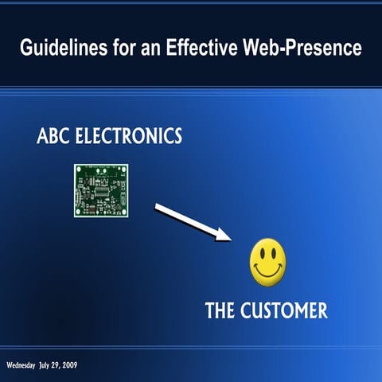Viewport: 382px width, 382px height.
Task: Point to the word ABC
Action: (53, 136)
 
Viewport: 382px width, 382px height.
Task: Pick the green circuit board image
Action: (101, 190)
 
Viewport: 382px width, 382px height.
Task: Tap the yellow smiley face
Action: (267, 262)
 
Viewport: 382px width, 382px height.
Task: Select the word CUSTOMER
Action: (283, 310)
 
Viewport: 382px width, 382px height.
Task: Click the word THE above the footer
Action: (220, 310)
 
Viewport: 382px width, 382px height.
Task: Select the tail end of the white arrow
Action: (157, 207)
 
